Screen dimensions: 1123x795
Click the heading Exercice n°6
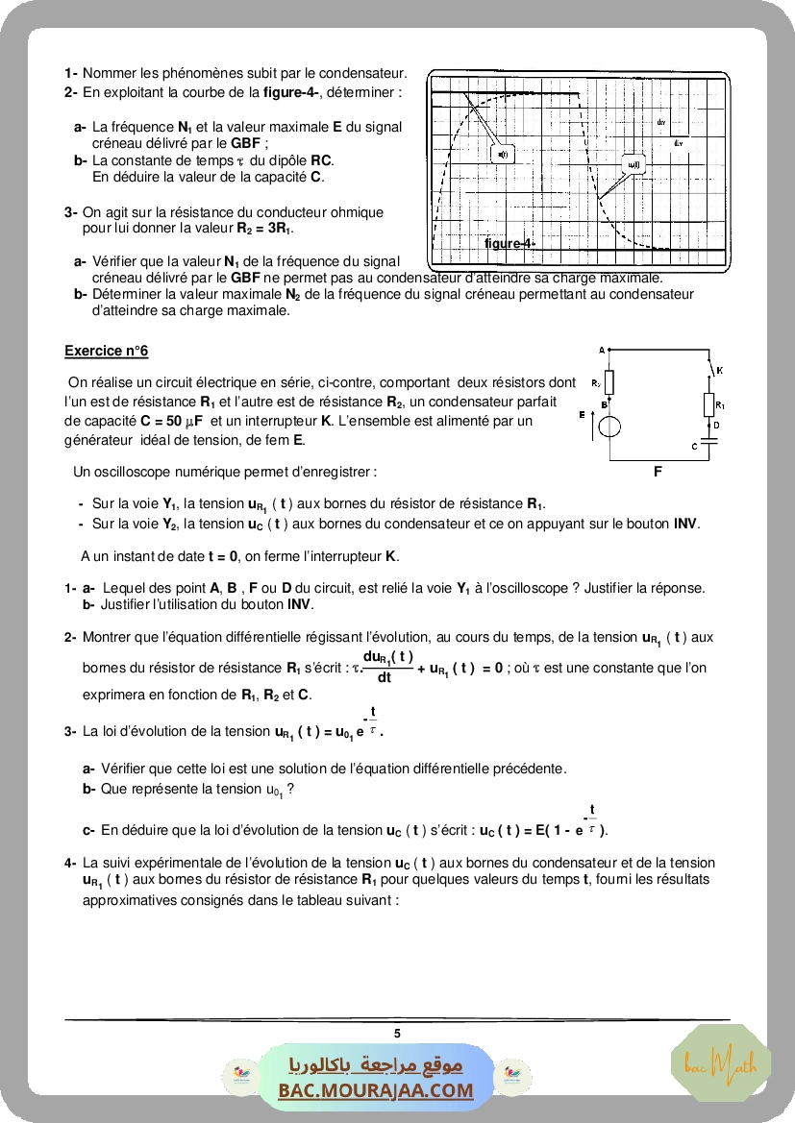pyautogui.click(x=107, y=352)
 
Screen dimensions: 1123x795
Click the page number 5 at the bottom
pyautogui.click(x=397, y=1034)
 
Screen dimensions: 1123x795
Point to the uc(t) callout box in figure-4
pyautogui.click(x=634, y=164)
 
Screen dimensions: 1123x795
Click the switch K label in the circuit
pyautogui.click(x=720, y=370)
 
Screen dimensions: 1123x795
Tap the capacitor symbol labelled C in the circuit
pyautogui.click(x=708, y=442)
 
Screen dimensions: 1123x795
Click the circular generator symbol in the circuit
pyautogui.click(x=609, y=426)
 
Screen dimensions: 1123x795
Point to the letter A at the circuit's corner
pyautogui.click(x=601, y=351)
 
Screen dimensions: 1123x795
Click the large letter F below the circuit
pyautogui.click(x=658, y=472)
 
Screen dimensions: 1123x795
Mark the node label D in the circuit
pyautogui.click(x=716, y=424)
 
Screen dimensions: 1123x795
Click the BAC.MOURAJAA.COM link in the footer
pyautogui.click(x=376, y=1090)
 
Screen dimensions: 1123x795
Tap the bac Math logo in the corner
pyautogui.click(x=720, y=1064)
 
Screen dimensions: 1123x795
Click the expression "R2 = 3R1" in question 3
pyautogui.click(x=264, y=229)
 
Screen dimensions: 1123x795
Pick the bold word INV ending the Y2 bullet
pyautogui.click(x=685, y=524)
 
